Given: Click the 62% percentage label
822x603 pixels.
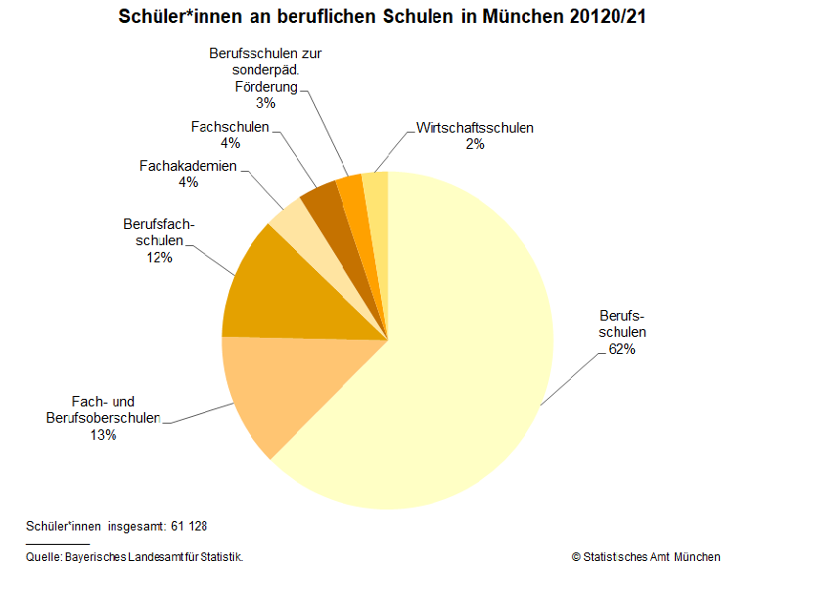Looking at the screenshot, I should tap(622, 349).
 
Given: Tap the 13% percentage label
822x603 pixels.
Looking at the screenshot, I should tap(103, 435).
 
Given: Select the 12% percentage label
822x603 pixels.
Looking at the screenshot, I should tap(159, 258).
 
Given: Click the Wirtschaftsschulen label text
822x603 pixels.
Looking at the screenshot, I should tap(474, 128).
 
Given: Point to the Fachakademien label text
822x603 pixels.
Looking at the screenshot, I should tap(188, 166).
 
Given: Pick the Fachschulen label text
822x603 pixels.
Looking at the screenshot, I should tap(230, 127).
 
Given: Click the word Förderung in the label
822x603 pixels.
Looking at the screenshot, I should tap(266, 87).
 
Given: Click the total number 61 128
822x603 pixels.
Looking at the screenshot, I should tap(189, 526).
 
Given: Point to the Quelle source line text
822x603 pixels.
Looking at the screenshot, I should tap(135, 557).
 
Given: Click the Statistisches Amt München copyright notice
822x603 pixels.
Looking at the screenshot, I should tap(645, 557).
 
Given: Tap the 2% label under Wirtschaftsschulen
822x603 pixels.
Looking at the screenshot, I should tap(474, 144).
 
